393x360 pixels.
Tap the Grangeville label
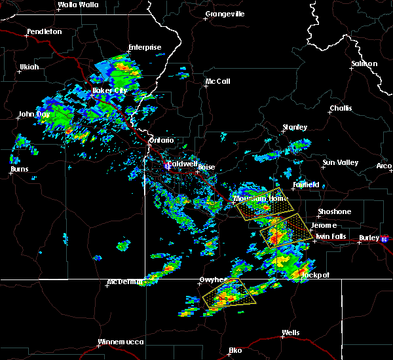[x=225, y=14]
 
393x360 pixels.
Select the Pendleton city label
[x=45, y=31]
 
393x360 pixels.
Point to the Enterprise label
[x=145, y=47]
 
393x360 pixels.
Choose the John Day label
[x=34, y=115]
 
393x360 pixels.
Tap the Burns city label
[x=20, y=170]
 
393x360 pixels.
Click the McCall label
[x=217, y=82]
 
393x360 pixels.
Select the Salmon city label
[x=364, y=63]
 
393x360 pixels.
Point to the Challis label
[x=341, y=108]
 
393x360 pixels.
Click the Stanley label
[x=295, y=127]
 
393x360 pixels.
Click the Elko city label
[x=235, y=351]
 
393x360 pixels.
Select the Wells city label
[x=290, y=333]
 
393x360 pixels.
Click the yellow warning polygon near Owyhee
[x=229, y=293]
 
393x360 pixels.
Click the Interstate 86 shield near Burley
[x=384, y=239]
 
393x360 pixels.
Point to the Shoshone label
[x=334, y=211]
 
